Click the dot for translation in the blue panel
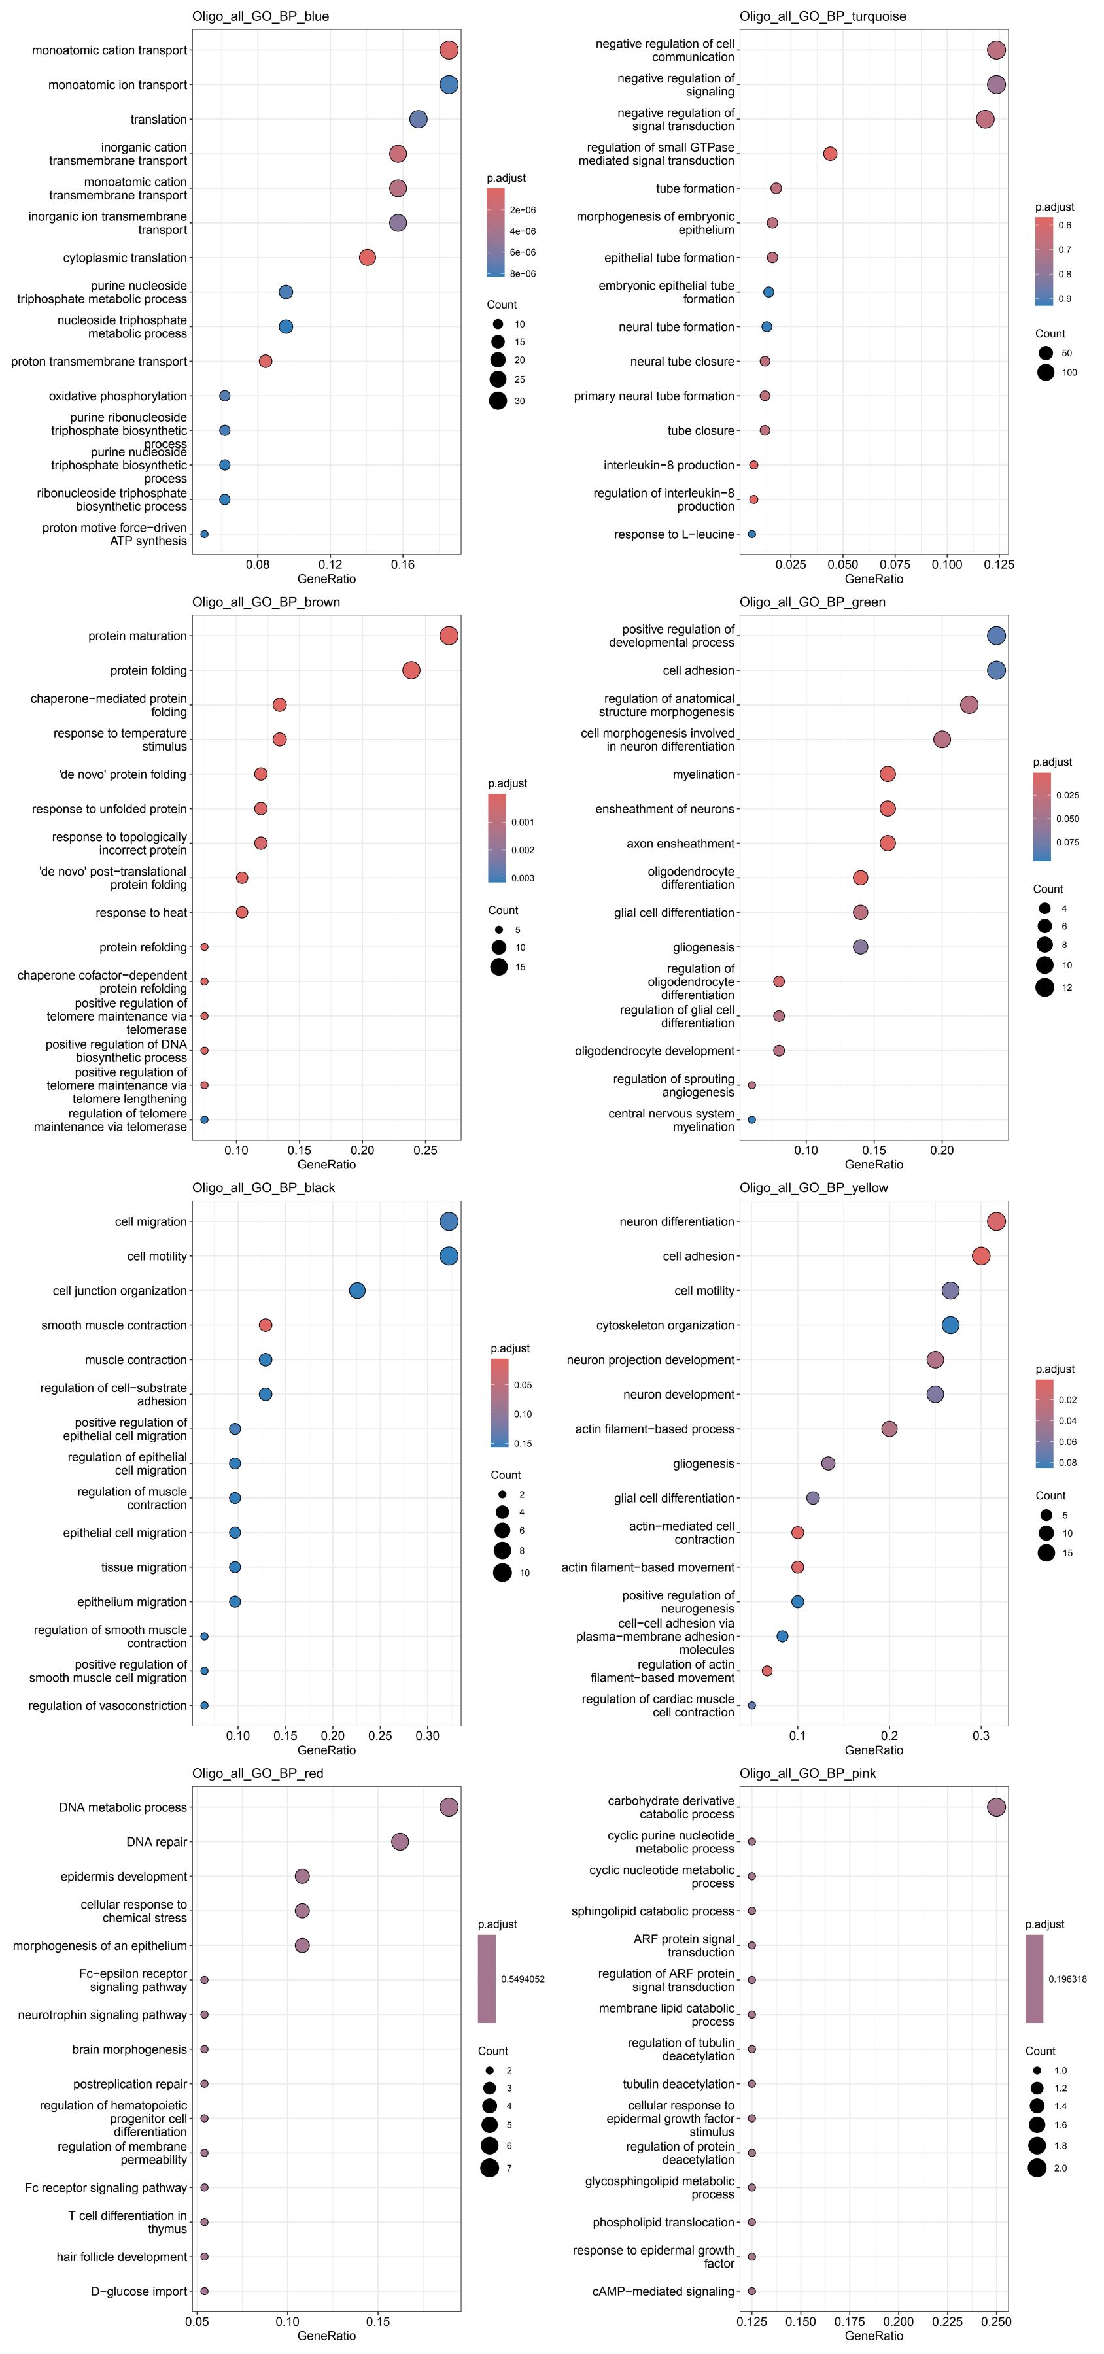pyautogui.click(x=419, y=120)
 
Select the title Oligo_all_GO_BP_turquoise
pyautogui.click(x=823, y=16)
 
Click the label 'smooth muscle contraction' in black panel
pyautogui.click(x=114, y=1325)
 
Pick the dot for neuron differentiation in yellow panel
pyautogui.click(x=996, y=1221)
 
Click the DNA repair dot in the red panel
pyautogui.click(x=400, y=1841)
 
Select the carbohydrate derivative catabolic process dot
pyautogui.click(x=996, y=1807)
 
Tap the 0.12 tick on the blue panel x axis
pyautogui.click(x=330, y=564)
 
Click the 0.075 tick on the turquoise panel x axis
pyautogui.click(x=895, y=564)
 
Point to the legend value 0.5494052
pyautogui.click(x=523, y=1979)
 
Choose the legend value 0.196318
pyautogui.click(x=1067, y=1979)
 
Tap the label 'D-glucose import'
pyautogui.click(x=139, y=2291)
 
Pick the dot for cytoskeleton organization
pyautogui.click(x=950, y=1325)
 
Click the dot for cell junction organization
pyautogui.click(x=357, y=1290)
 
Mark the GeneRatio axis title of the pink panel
pyautogui.click(x=874, y=2335)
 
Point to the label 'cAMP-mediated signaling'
pyautogui.click(x=663, y=2291)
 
